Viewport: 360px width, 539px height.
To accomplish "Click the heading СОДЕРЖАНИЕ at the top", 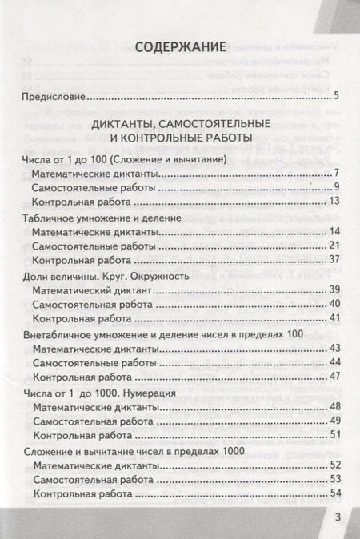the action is click(x=179, y=46).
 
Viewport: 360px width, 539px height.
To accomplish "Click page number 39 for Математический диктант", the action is click(x=334, y=289).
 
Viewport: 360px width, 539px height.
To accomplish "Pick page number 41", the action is click(x=334, y=317).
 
